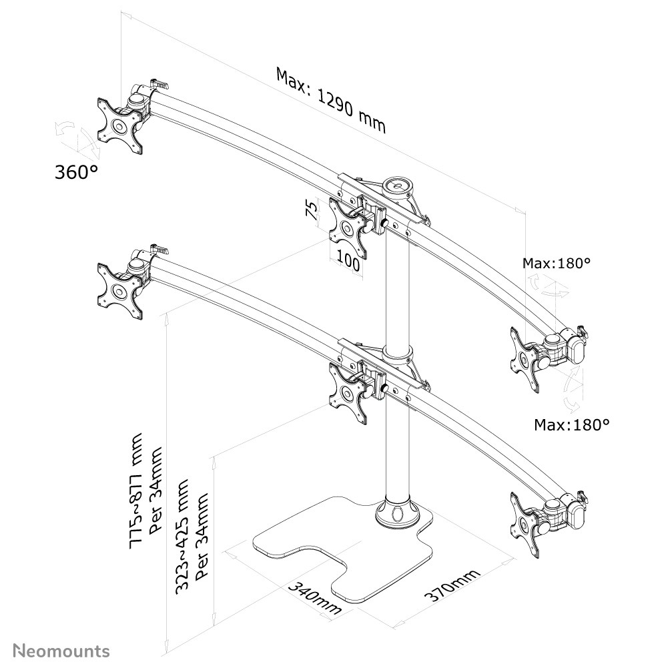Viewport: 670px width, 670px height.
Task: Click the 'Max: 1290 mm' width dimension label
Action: click(331, 100)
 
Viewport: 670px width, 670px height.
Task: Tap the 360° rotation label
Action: click(75, 172)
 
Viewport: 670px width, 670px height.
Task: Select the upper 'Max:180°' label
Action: click(557, 263)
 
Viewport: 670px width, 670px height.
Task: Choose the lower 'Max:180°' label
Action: click(572, 424)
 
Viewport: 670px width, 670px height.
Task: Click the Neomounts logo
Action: click(61, 650)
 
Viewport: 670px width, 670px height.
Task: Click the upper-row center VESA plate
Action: click(349, 228)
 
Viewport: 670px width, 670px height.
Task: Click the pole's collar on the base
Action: click(397, 515)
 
